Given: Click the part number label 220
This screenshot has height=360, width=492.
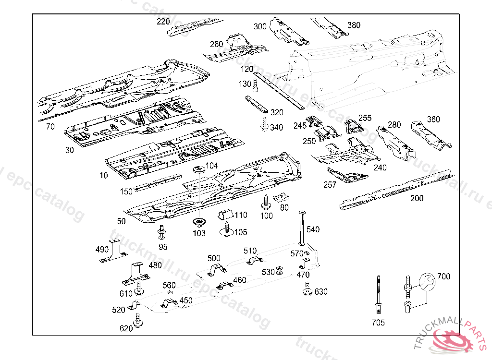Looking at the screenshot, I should click(x=163, y=22).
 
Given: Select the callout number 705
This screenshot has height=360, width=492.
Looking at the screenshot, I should click(x=378, y=323).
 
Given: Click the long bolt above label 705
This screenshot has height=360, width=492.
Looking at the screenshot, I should click(x=379, y=295).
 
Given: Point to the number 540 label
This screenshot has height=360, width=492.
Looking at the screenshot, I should click(x=313, y=230).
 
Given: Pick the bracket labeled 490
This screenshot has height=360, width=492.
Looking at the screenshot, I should click(x=113, y=252).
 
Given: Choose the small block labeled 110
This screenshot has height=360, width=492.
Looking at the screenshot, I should click(x=225, y=215).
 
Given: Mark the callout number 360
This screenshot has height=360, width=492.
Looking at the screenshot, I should click(x=433, y=120).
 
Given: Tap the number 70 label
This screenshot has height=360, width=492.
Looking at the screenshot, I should click(x=50, y=127).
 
